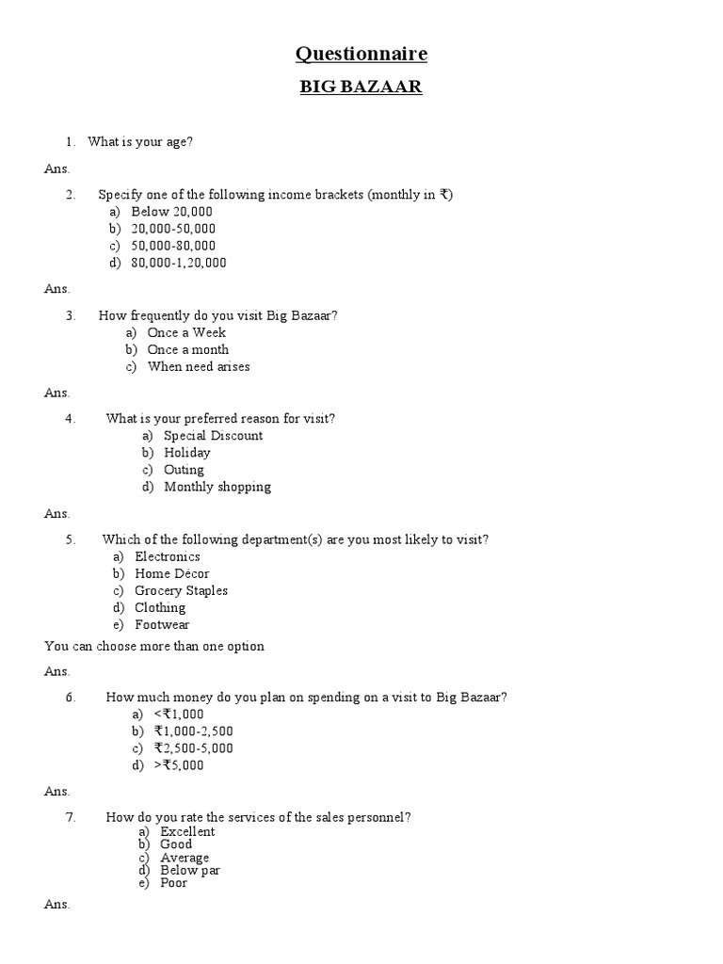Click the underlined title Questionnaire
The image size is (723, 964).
pos(361,54)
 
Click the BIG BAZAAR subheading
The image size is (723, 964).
pos(361,88)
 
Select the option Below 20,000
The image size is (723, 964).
pos(171,212)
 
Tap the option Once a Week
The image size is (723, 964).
pos(186,332)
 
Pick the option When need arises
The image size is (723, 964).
pos(198,366)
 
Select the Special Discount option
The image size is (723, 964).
pos(213,436)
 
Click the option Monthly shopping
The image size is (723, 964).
pos(217,487)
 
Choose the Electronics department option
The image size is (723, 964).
pos(167,556)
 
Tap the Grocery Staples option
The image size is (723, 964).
pos(181,590)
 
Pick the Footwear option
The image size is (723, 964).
pos(162,624)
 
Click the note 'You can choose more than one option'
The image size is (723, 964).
pos(154,646)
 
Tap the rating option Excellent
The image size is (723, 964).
pos(187,831)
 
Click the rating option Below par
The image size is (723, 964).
pos(190,871)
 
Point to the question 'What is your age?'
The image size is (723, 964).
pos(140,142)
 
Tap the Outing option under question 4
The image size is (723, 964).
pos(184,470)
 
